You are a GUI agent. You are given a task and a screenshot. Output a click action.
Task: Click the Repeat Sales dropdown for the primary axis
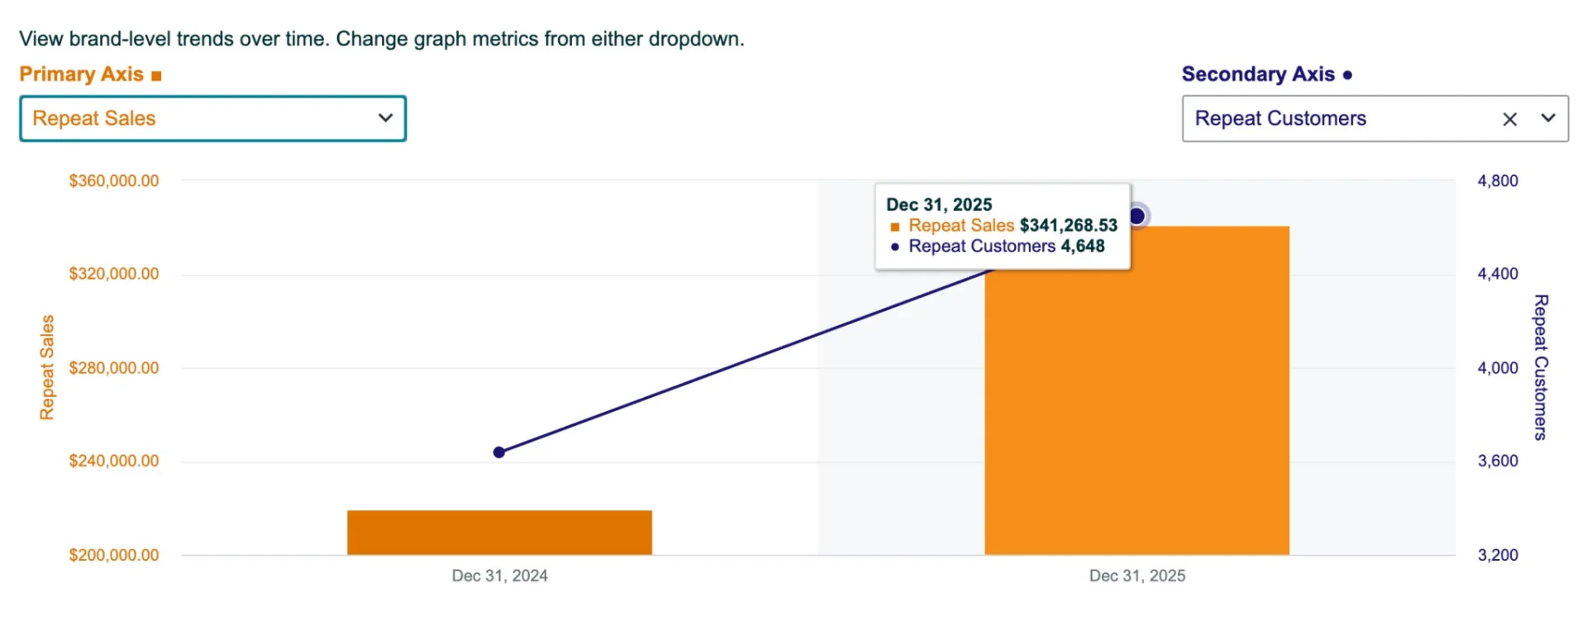[212, 118]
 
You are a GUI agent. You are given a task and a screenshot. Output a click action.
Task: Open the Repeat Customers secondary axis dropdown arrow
[1548, 118]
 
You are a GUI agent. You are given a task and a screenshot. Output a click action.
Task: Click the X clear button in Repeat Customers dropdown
[1509, 119]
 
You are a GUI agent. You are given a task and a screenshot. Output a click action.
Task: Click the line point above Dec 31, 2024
[499, 452]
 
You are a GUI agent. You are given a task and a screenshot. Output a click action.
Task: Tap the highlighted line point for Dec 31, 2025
[1137, 216]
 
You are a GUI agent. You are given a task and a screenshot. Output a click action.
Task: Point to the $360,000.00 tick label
[114, 181]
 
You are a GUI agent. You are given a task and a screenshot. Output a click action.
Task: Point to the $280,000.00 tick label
[114, 368]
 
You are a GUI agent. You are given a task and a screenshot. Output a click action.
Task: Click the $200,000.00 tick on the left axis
[114, 555]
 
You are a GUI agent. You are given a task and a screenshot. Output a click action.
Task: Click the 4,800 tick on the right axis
[1498, 181]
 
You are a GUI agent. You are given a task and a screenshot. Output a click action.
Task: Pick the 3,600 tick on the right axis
[1498, 462]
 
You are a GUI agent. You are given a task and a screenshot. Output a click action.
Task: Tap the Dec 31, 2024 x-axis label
[499, 576]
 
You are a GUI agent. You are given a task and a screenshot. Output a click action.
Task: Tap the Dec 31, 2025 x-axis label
[1137, 576]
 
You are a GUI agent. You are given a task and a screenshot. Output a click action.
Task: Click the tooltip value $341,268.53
[1068, 225]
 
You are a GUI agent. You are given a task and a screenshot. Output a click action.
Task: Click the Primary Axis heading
[82, 74]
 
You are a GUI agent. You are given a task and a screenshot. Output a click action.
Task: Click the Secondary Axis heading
[1258, 74]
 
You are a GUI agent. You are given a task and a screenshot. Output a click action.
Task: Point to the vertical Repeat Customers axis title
[1541, 367]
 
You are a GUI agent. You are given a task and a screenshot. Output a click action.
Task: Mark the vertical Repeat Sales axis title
[47, 367]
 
